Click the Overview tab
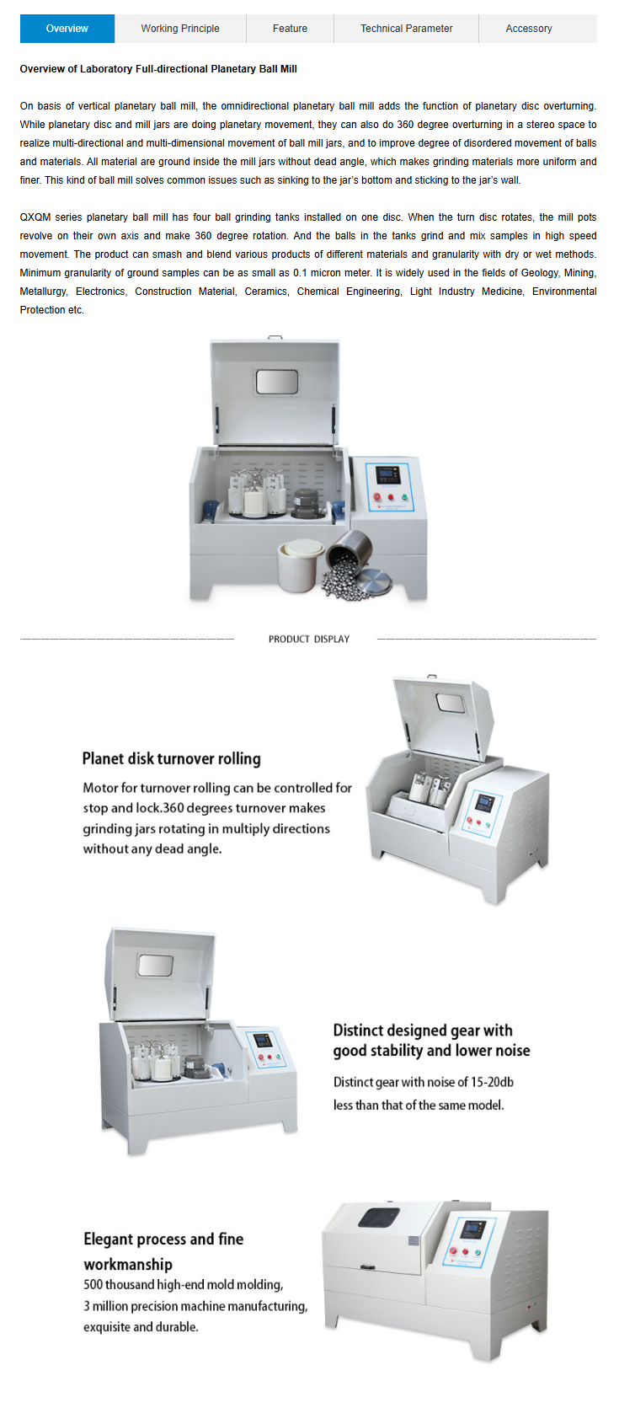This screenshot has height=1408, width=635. click(x=67, y=29)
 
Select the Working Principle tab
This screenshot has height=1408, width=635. click(x=180, y=29)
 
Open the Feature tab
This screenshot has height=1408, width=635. click(x=290, y=29)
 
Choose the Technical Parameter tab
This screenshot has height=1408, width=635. click(x=407, y=29)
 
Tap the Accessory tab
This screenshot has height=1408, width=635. click(x=529, y=29)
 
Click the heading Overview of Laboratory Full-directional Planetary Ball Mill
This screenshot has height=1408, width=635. click(x=158, y=69)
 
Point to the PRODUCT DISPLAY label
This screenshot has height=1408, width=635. click(x=309, y=639)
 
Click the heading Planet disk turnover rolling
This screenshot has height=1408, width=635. click(x=172, y=758)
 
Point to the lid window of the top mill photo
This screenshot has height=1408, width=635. click(x=277, y=382)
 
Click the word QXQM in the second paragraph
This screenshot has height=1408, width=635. click(x=35, y=217)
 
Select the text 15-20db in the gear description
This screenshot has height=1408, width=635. click(x=492, y=1082)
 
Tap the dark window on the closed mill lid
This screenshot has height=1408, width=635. click(x=379, y=1217)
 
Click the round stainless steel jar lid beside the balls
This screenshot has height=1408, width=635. click(x=374, y=581)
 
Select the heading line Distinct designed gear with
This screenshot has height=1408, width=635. click(x=423, y=1031)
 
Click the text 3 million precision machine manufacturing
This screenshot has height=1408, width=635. click(x=196, y=1305)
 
